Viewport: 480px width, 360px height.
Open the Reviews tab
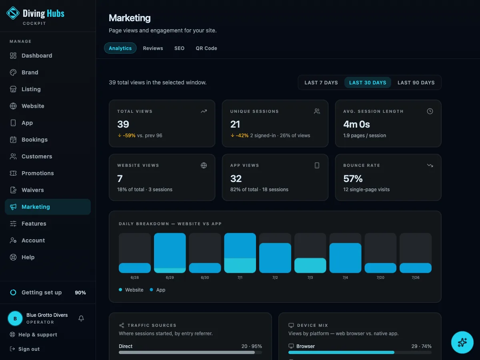(x=153, y=48)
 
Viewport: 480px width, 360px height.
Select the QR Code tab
(x=206, y=48)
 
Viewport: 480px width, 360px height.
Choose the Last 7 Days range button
(x=321, y=83)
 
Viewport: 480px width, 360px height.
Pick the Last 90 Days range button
(x=416, y=83)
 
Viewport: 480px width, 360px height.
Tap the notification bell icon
(x=81, y=318)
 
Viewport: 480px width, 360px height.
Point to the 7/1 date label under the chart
(x=240, y=277)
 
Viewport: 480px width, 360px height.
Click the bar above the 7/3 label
(x=310, y=265)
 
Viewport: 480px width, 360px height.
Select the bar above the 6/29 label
(x=170, y=253)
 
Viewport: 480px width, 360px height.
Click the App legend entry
(x=158, y=290)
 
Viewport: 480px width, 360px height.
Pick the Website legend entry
(x=131, y=290)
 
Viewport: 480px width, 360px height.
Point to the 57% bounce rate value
(x=353, y=178)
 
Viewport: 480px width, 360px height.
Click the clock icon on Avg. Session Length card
(x=430, y=111)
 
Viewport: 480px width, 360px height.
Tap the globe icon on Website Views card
(x=204, y=166)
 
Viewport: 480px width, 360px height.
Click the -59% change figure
(x=129, y=136)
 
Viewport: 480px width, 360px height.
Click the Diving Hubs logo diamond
(x=13, y=13)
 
